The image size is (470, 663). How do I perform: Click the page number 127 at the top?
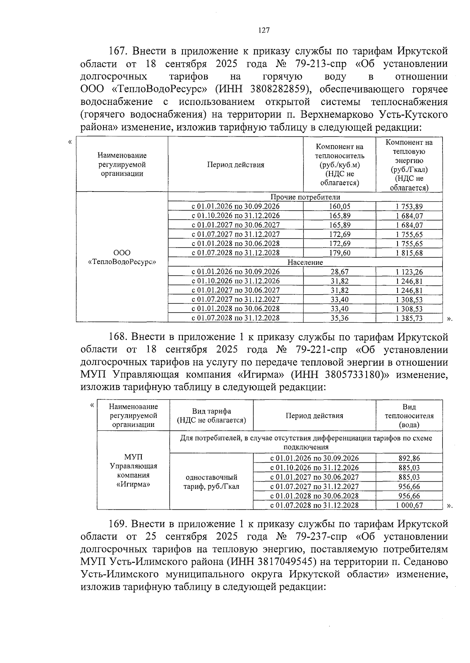tap(264, 30)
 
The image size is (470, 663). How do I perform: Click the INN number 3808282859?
tap(276, 89)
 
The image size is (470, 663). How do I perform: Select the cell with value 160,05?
tap(340, 206)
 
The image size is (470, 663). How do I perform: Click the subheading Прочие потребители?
tap(305, 197)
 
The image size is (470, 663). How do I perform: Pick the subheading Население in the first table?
tap(305, 262)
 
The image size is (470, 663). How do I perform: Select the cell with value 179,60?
tap(340, 253)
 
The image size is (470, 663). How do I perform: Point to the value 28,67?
tap(340, 272)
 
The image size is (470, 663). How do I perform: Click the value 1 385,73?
tap(409, 318)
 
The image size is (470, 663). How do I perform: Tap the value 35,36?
tap(340, 318)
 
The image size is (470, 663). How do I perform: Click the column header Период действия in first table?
tap(235, 165)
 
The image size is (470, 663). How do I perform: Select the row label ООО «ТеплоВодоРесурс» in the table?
tap(122, 257)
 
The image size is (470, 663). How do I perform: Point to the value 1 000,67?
tap(409, 505)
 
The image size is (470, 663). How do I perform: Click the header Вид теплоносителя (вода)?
tap(409, 416)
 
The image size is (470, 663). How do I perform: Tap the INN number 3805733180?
tap(353, 374)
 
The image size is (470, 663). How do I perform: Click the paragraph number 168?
tap(117, 337)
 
